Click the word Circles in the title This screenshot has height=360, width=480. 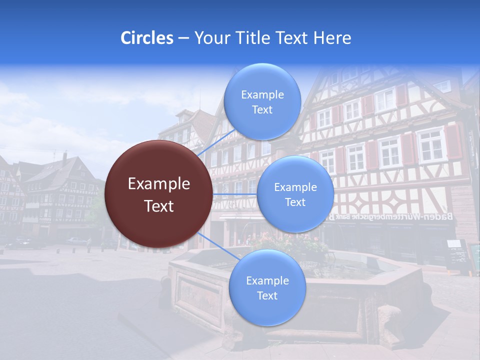coord(147,38)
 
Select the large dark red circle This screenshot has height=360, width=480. coord(158,194)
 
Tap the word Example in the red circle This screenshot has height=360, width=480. coord(159,184)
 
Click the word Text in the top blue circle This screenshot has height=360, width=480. coord(262,110)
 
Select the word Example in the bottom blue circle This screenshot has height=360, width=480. coord(267,280)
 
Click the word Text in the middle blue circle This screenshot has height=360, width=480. coord(295,202)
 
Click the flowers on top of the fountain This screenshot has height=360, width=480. coord(290,242)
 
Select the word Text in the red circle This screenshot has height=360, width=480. coord(159,206)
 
